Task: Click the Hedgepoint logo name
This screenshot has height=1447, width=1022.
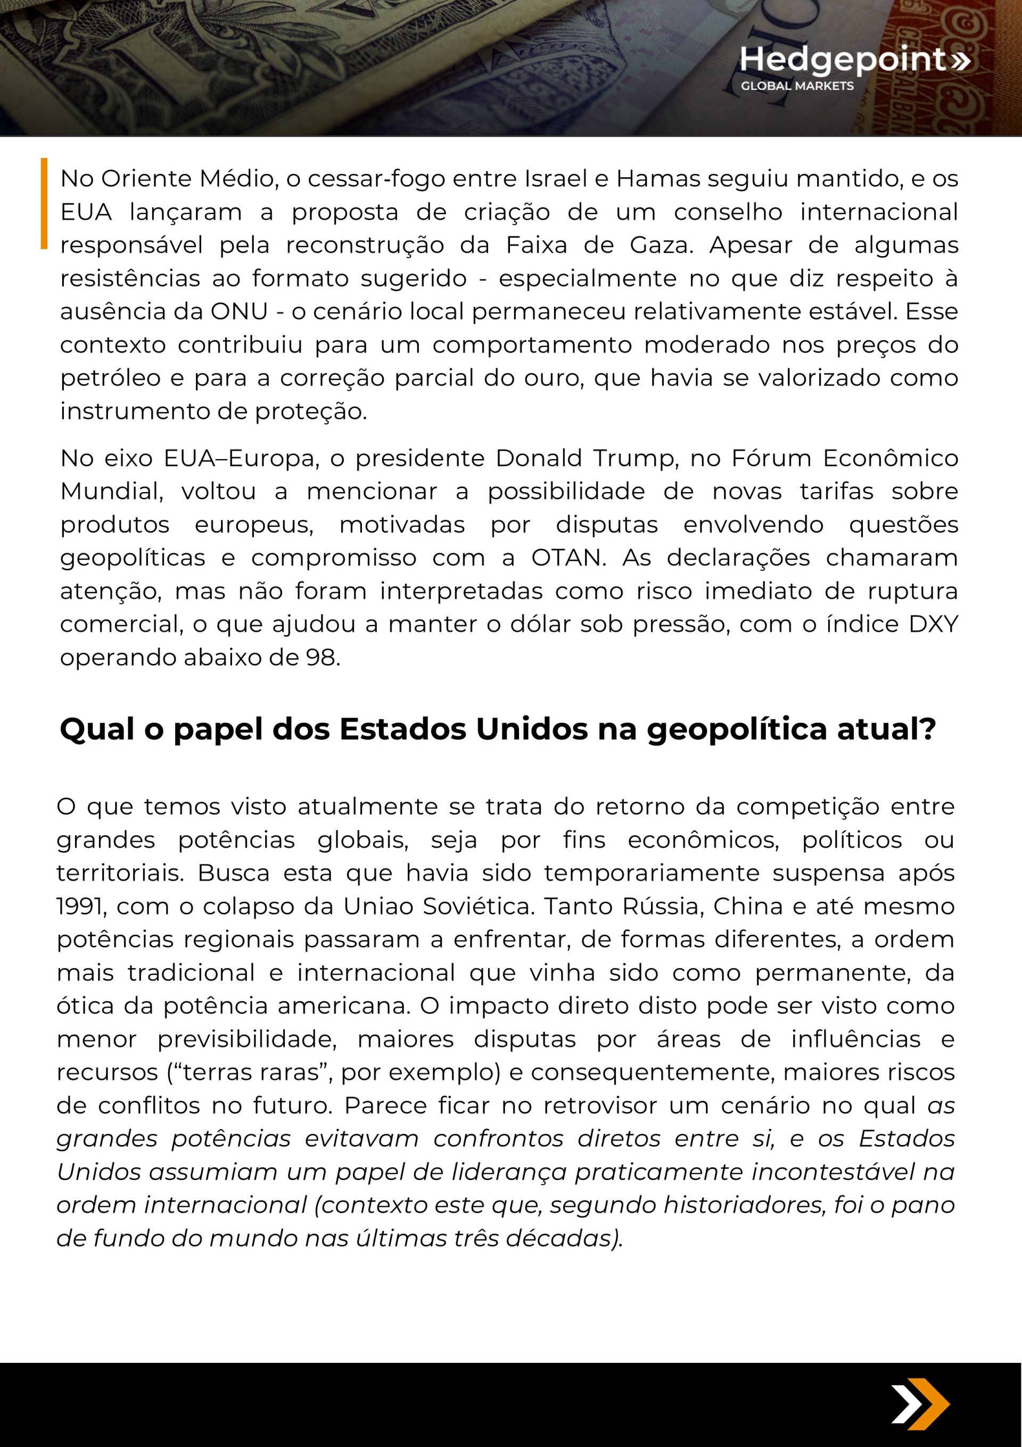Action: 843,59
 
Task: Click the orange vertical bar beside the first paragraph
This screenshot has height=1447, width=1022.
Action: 44,203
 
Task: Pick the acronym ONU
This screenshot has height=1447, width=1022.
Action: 239,312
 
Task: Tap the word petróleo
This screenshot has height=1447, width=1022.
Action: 110,378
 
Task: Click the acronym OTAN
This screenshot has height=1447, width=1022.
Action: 568,558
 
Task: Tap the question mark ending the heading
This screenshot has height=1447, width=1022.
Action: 927,729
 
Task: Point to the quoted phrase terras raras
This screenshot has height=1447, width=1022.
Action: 250,1072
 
